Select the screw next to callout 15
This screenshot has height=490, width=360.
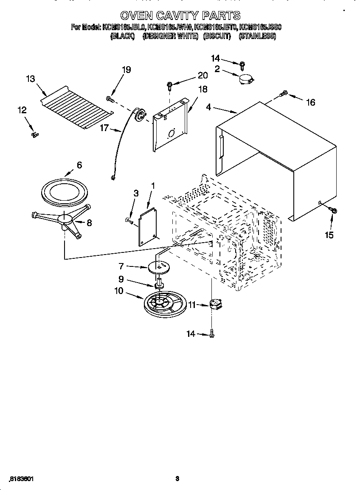tap(333, 210)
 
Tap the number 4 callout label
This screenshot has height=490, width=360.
tap(208, 108)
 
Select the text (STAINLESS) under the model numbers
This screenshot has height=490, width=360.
tap(257, 36)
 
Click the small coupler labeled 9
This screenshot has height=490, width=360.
tap(160, 283)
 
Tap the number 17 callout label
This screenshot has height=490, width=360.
tap(104, 127)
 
